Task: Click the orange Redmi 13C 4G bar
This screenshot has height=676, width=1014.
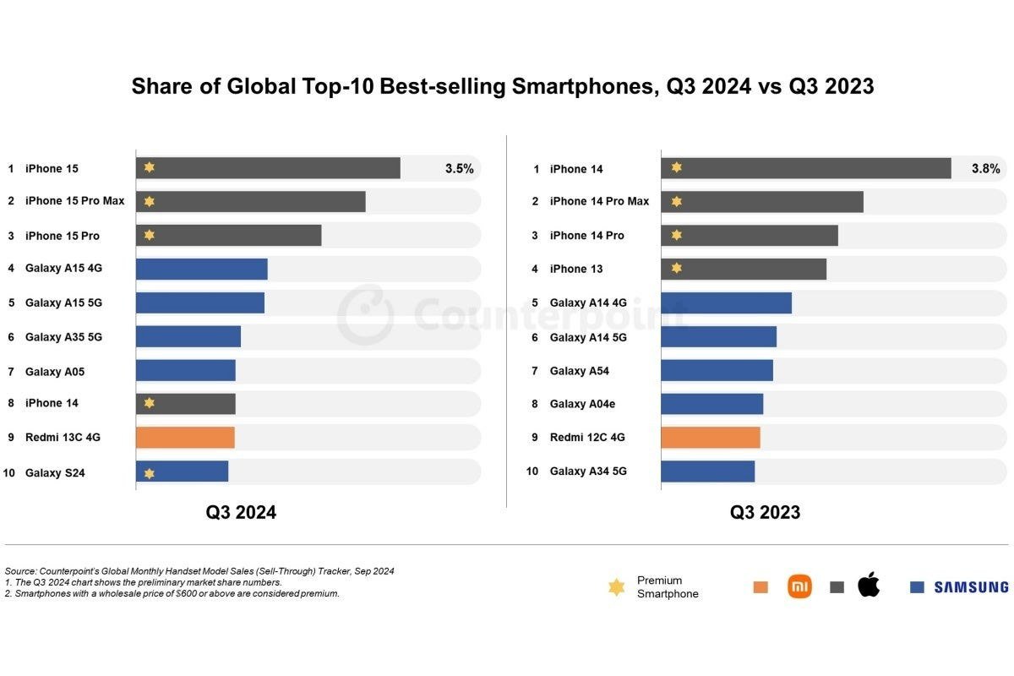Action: [x=185, y=438]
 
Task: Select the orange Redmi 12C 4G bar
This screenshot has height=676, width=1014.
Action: [x=711, y=438]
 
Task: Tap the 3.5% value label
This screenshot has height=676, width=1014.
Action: [x=459, y=168]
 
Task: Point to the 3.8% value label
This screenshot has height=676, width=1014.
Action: [x=985, y=168]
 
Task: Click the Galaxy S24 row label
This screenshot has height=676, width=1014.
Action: [x=54, y=473]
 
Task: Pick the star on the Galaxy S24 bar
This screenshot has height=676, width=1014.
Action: [x=150, y=473]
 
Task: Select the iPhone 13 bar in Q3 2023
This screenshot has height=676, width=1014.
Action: [x=744, y=269]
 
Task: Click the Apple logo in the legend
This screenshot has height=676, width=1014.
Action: [x=869, y=585]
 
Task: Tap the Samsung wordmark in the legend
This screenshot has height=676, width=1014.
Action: [x=971, y=586]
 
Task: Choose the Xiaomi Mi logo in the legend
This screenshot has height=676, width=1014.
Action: [x=799, y=586]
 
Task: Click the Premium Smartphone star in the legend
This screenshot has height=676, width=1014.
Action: [x=617, y=586]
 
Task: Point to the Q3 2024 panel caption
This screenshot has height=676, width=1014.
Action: [x=241, y=512]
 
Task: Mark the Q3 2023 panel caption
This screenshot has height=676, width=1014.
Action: [x=766, y=512]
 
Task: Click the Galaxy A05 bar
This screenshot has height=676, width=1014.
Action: [x=186, y=371]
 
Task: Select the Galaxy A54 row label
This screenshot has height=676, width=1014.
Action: [x=580, y=371]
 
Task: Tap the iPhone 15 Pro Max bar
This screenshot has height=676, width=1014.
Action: [x=251, y=202]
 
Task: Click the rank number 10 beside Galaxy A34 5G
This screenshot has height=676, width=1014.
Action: [x=532, y=471]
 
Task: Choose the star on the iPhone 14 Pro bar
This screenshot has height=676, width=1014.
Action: [x=676, y=236]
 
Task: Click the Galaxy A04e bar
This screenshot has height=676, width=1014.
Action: [x=711, y=404]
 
